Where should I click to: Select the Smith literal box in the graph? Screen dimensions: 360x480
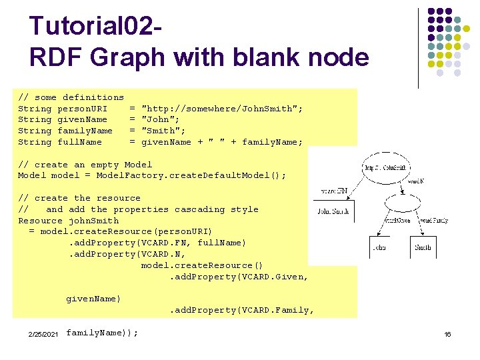[x=423, y=247]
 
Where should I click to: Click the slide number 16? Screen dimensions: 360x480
[x=447, y=333]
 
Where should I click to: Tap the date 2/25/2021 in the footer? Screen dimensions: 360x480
[x=43, y=333]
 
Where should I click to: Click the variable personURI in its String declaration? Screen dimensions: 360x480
[x=82, y=109]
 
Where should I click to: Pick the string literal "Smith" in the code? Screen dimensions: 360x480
[x=161, y=131]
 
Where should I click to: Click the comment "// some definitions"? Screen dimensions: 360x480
[x=71, y=97]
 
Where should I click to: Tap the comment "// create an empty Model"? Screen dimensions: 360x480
[x=85, y=165]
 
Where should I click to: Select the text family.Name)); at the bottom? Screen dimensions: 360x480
[x=103, y=332]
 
